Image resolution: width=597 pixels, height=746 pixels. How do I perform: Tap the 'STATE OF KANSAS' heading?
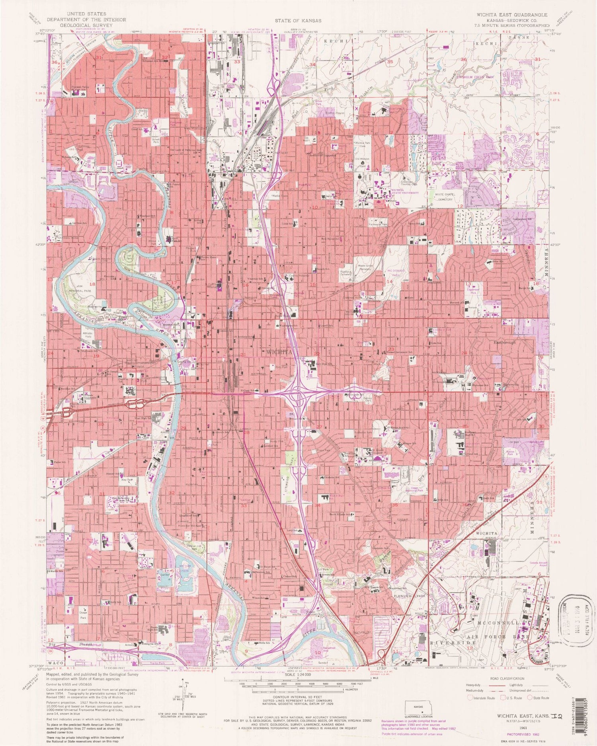(x=298, y=20)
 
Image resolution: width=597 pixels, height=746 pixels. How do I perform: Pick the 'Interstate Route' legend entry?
(x=483, y=698)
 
